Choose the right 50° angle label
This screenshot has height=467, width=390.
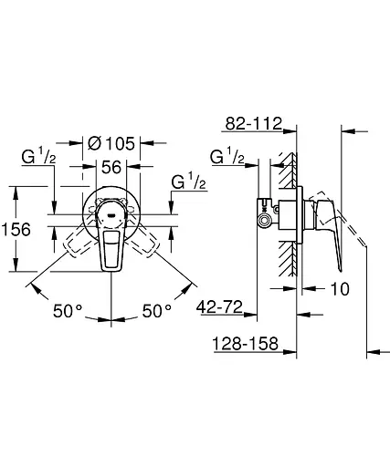156,310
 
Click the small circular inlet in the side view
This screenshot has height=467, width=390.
266,221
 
